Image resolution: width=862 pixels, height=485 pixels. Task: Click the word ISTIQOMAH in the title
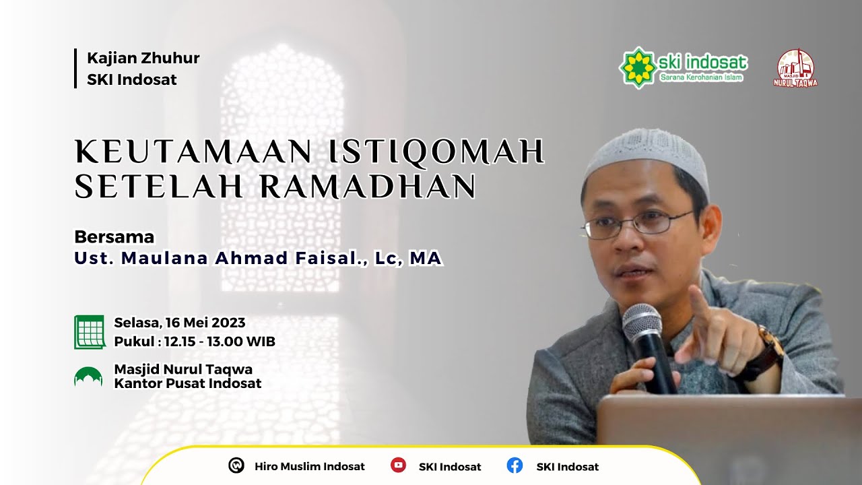[x=435, y=152]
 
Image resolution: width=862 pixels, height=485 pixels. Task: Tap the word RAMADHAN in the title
[x=368, y=187]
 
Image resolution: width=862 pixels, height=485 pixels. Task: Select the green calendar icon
[x=90, y=331]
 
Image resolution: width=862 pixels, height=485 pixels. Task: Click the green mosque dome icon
[x=88, y=377]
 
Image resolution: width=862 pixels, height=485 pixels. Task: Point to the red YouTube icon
[x=398, y=465]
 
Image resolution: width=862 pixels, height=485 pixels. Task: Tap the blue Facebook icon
[x=515, y=465]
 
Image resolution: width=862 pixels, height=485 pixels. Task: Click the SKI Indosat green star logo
[x=638, y=67]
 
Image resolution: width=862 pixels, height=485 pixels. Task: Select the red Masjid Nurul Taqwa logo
[x=795, y=67]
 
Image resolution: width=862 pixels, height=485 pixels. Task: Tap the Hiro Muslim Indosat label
[x=309, y=466]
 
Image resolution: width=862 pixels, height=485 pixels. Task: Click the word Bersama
[x=114, y=237]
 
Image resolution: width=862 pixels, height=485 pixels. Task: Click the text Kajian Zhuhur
[x=143, y=58]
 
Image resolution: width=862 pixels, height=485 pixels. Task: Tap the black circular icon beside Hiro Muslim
[x=236, y=465]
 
